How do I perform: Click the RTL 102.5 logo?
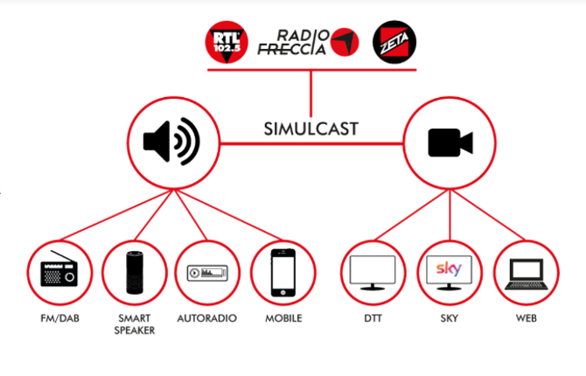tap(227, 41)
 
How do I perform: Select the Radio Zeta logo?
tap(394, 41)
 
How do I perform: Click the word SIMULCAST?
tap(311, 129)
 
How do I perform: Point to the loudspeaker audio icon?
tap(171, 141)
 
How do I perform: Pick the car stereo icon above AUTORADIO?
tap(208, 273)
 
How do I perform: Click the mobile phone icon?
tap(283, 272)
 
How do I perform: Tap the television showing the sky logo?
tap(449, 272)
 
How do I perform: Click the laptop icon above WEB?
tap(525, 273)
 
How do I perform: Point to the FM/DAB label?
tap(60, 318)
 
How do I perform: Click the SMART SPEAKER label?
tap(135, 324)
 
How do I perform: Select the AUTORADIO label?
tap(208, 318)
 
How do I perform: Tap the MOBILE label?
tap(283, 318)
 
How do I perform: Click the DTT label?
tap(373, 318)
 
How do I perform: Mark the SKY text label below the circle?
tap(449, 318)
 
